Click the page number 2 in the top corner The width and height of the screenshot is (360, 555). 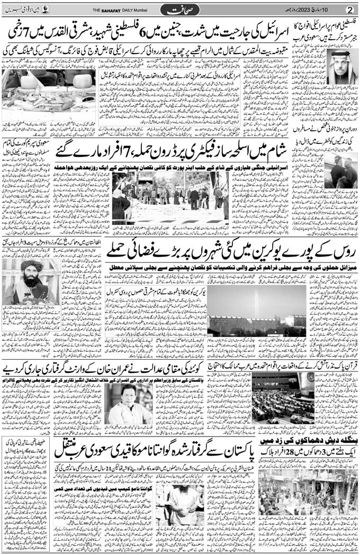tap(349, 9)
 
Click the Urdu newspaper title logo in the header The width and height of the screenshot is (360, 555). tap(178, 9)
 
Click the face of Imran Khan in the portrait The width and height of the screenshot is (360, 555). tap(129, 394)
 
